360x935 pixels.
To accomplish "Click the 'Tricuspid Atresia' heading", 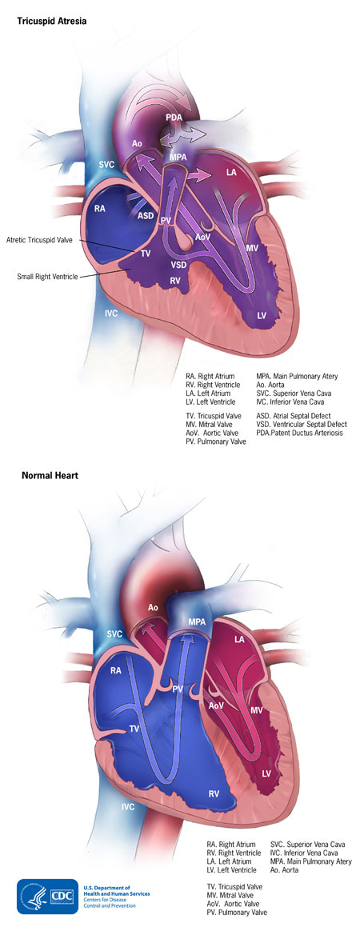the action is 54,20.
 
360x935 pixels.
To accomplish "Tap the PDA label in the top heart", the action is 174,118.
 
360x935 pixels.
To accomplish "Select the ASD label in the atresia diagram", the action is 145,215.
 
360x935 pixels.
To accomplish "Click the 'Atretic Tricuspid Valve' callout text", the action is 40,240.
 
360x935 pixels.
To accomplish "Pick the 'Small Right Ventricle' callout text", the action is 47,276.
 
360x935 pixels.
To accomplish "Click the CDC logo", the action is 47,897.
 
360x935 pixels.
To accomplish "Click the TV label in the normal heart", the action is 134,729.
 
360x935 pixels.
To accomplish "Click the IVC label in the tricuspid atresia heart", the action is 111,314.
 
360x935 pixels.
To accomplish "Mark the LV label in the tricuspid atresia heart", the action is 262,314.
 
